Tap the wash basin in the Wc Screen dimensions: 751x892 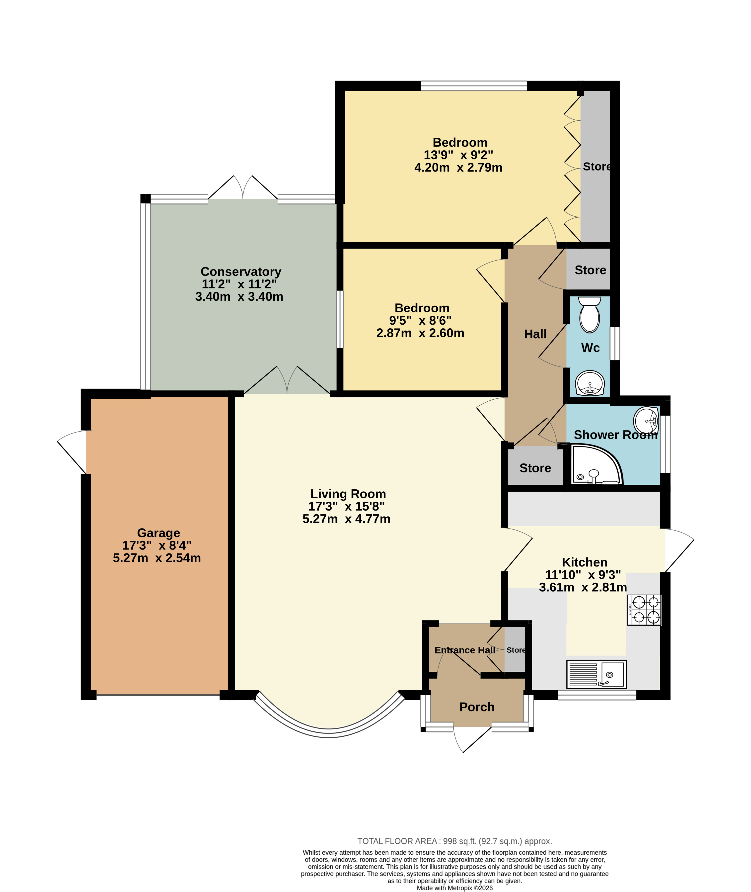[590, 383]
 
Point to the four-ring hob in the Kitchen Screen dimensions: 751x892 [644, 610]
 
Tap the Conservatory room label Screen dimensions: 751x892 [241, 272]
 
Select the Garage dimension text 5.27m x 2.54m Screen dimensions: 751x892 [157, 558]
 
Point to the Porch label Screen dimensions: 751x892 [477, 707]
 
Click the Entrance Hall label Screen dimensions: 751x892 [465, 650]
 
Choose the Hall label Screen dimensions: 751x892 [535, 334]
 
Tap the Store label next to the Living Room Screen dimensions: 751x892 [535, 468]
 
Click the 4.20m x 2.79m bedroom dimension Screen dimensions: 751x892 [458, 168]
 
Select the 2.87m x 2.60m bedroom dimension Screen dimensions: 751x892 [420, 333]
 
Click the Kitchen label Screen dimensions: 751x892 [585, 562]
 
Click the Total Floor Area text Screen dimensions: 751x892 [455, 841]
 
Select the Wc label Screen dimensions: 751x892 [591, 348]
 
